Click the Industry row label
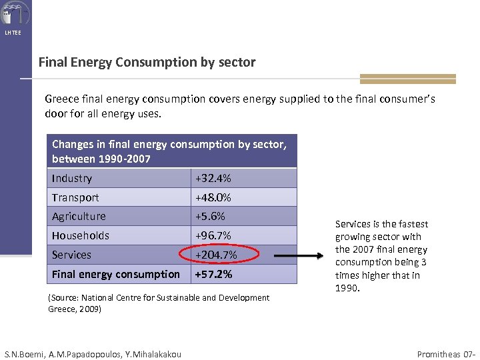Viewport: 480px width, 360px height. coord(72,178)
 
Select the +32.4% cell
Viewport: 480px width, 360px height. coord(213,178)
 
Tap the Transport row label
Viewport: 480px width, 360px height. coord(75,197)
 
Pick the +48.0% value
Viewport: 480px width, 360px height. coord(213,197)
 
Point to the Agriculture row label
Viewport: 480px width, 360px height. coord(79,216)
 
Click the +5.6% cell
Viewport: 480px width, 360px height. coord(210,216)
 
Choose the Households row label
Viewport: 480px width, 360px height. coord(81,235)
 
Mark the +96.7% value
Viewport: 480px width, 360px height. coord(213,235)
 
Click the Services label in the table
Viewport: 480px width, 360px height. coord(71,255)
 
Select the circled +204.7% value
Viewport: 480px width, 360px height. coord(216,255)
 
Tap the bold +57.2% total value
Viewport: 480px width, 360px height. coord(213,274)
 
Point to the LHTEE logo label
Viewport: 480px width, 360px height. coord(13,33)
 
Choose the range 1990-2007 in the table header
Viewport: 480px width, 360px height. coord(125,159)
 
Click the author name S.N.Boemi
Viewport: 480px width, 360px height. coord(26,354)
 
